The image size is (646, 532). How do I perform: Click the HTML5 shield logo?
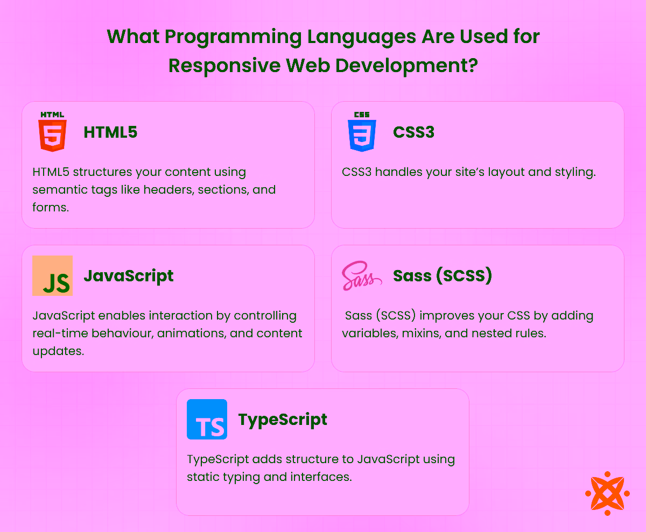(x=52, y=132)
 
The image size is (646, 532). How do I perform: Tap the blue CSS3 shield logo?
(x=362, y=132)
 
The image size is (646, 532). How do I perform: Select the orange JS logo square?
(x=52, y=275)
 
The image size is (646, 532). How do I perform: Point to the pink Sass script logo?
(x=362, y=276)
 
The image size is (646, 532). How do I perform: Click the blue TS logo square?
(x=207, y=419)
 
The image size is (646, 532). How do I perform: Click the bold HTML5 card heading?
(x=110, y=132)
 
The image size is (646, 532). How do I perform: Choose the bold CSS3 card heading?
(x=413, y=132)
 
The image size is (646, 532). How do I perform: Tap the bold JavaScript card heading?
(x=128, y=275)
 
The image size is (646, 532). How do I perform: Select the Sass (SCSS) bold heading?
(x=443, y=275)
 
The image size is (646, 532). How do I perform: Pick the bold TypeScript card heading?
(x=283, y=419)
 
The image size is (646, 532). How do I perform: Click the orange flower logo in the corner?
(x=607, y=493)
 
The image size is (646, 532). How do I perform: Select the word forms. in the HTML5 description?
(x=51, y=207)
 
